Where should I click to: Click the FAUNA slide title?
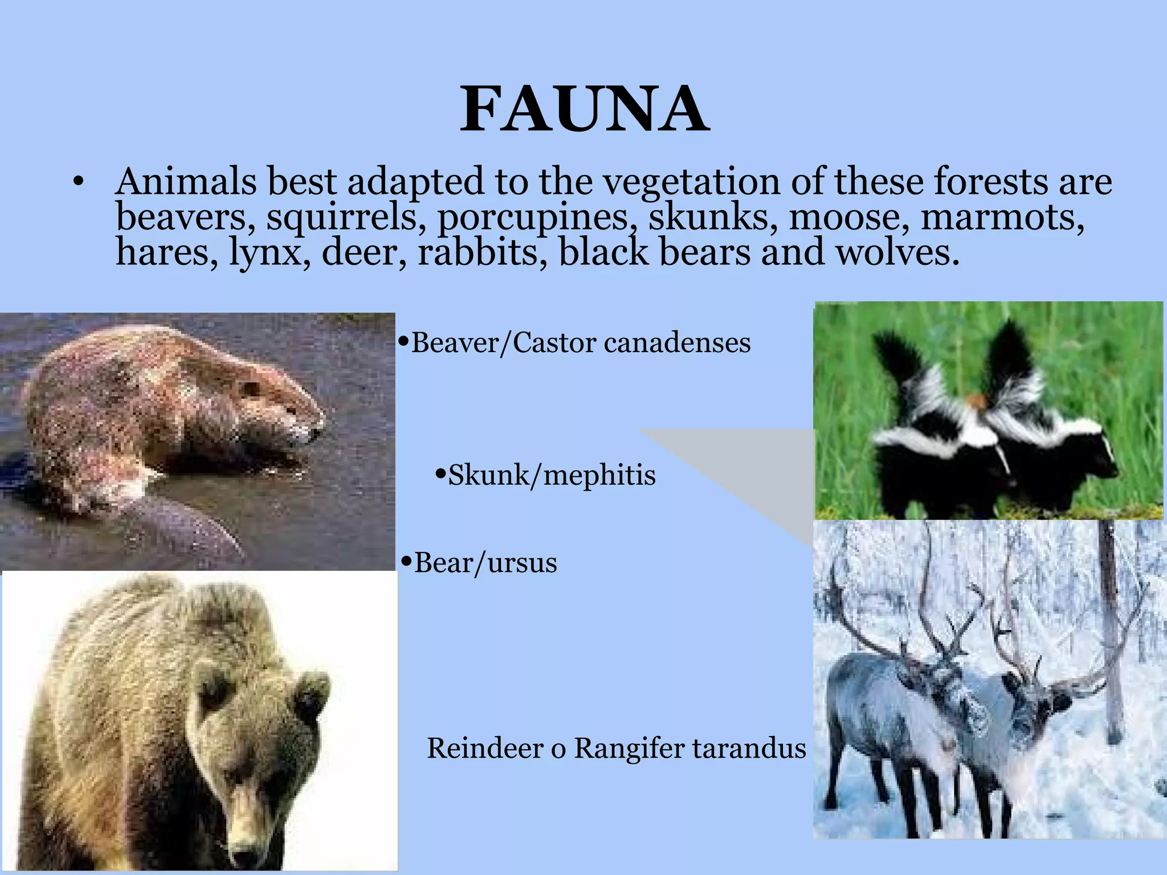click(585, 109)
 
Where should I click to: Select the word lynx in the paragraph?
click(264, 252)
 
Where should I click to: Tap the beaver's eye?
click(250, 390)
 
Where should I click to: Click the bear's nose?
click(246, 853)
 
